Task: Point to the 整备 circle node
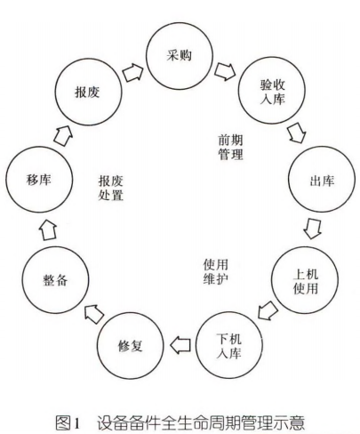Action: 55,281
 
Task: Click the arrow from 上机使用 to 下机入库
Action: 267,310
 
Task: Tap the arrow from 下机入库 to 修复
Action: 182,342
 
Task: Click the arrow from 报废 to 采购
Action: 133,68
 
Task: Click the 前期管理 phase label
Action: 230,146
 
